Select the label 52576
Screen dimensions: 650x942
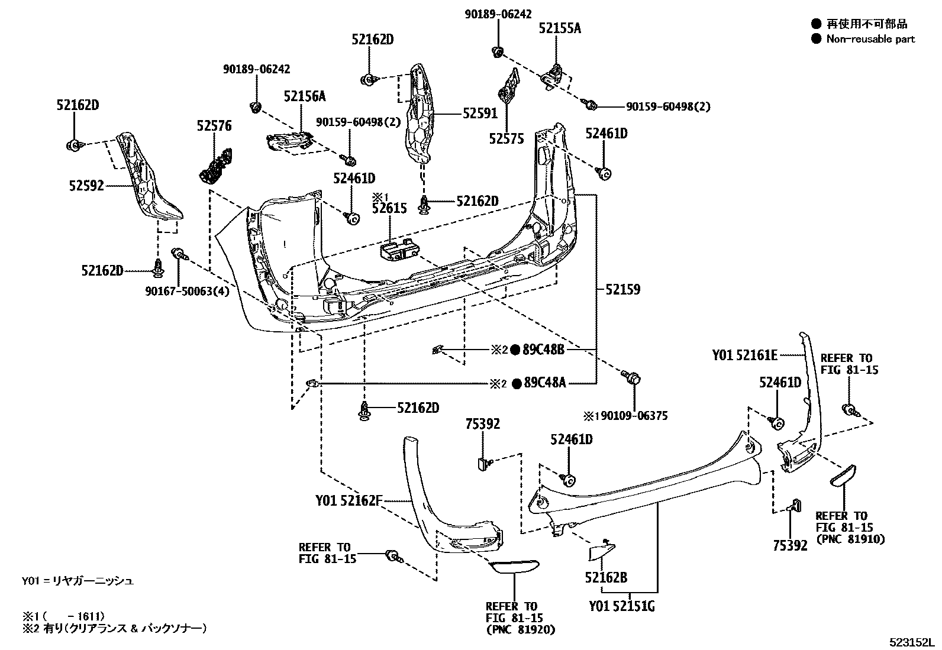tap(214, 126)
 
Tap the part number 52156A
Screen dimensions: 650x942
tap(304, 96)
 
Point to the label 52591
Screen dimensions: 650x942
tap(480, 114)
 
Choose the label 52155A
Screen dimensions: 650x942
tap(559, 28)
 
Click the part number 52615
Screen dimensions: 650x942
tap(389, 208)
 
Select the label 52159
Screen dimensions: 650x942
tap(622, 290)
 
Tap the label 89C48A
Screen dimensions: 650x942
tap(544, 383)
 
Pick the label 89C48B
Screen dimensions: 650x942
tap(544, 350)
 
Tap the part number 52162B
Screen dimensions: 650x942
tap(606, 578)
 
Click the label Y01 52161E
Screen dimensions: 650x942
tap(744, 355)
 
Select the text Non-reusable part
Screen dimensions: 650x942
tap(870, 39)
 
